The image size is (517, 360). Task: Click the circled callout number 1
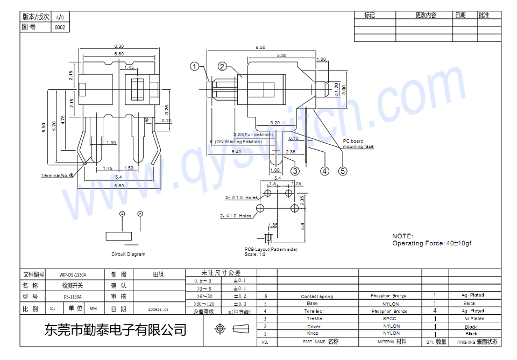pyautogui.click(x=195, y=67)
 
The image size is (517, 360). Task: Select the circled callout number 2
pyautogui.click(x=222, y=66)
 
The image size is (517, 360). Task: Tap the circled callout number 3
pyautogui.click(x=295, y=171)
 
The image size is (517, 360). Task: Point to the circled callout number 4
pyautogui.click(x=324, y=171)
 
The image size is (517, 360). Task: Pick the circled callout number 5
pyautogui.click(x=343, y=171)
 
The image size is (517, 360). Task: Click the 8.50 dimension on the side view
pyautogui.click(x=260, y=47)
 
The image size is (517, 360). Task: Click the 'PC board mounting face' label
pyautogui.click(x=358, y=144)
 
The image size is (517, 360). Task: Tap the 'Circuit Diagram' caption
pyautogui.click(x=128, y=254)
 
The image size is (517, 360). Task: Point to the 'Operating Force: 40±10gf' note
pyautogui.click(x=431, y=243)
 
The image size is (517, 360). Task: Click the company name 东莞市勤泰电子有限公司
pyautogui.click(x=115, y=329)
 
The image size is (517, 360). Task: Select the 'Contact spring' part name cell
pyautogui.click(x=316, y=297)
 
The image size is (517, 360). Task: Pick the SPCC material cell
pyautogui.click(x=389, y=319)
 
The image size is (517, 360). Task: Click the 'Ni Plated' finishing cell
pyautogui.click(x=474, y=319)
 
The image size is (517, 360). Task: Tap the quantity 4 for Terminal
pyautogui.click(x=435, y=310)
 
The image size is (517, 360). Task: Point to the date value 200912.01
pyautogui.click(x=158, y=309)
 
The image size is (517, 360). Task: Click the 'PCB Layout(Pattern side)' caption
pyautogui.click(x=271, y=249)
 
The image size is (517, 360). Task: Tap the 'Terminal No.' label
pyautogui.click(x=56, y=175)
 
